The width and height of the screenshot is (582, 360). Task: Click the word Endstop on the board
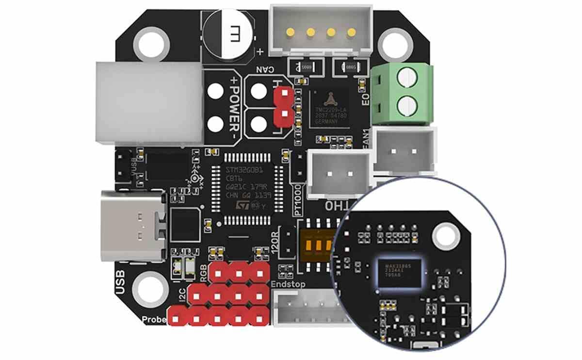click(289, 284)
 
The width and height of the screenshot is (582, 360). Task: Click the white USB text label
click(121, 282)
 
